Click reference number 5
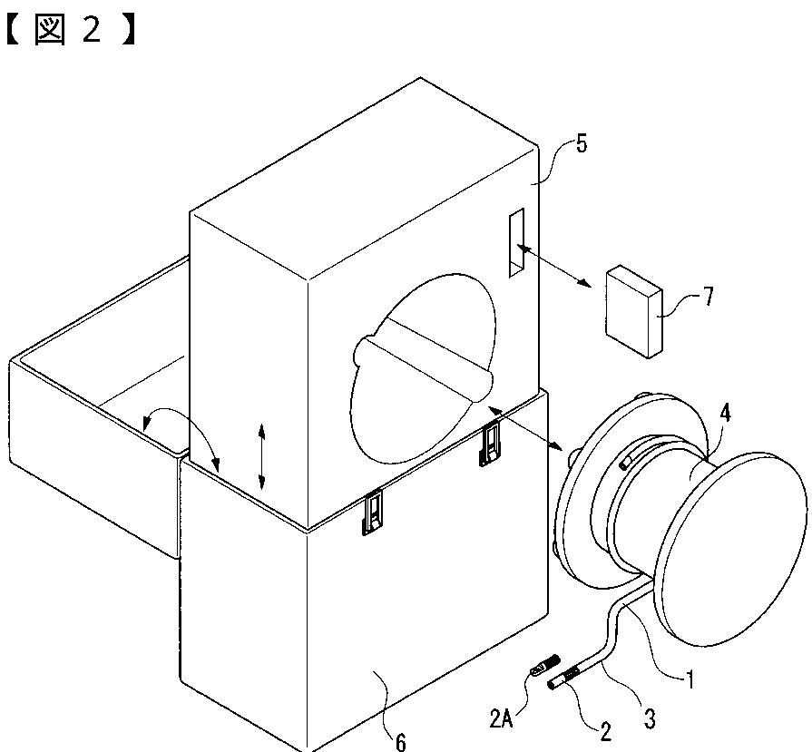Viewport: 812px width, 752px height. click(x=581, y=143)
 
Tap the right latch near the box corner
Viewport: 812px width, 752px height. click(x=490, y=444)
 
